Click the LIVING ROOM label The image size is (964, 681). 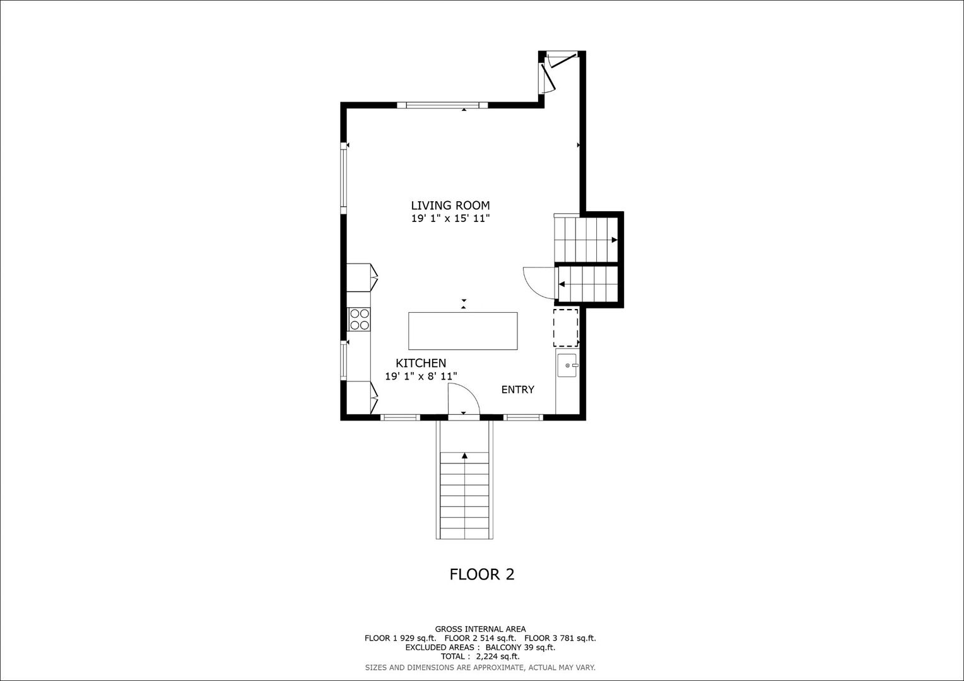450,206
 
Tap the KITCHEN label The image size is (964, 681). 421,363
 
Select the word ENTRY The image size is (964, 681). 518,390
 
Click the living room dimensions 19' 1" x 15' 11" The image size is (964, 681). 450,219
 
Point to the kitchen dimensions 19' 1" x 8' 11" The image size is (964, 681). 421,376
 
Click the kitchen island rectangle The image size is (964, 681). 462,331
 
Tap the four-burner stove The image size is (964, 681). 360,319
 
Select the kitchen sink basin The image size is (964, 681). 568,366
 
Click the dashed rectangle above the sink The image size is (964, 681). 565,327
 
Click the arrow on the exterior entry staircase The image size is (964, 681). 464,456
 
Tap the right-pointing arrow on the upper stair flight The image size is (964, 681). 614,240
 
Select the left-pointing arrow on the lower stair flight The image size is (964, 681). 562,284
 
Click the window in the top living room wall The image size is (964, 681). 442,105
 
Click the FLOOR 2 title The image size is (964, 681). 482,574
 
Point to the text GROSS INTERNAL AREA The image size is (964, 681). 480,629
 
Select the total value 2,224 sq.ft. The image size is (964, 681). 498,656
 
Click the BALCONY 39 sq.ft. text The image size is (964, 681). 520,648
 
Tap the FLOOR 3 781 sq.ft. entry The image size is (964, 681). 560,638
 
